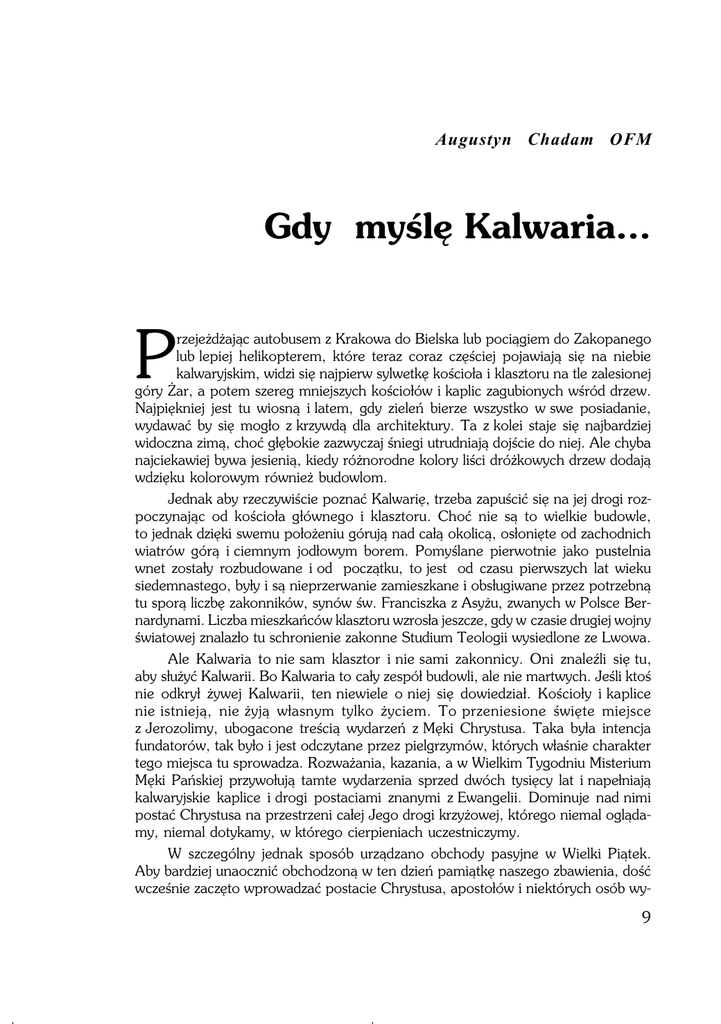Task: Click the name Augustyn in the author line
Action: tap(474, 139)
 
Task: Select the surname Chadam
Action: tap(561, 139)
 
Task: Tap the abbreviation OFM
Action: tap(631, 139)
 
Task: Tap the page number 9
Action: tap(646, 918)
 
